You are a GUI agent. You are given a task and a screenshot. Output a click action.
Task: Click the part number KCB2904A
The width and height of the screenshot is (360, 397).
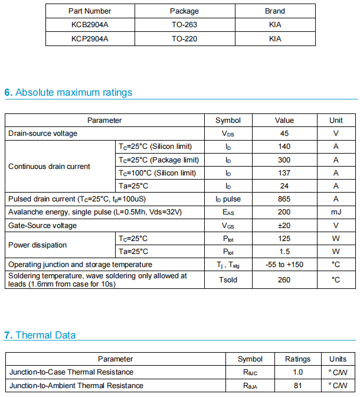[90, 25]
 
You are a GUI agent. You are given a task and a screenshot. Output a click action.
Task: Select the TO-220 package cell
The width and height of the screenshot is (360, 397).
[184, 38]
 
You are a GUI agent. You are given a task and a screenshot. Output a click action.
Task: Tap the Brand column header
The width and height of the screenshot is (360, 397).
[274, 11]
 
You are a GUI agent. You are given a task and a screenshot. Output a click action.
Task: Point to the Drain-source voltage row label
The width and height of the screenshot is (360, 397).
[42, 134]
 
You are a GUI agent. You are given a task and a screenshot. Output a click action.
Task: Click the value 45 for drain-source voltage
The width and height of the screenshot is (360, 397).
[284, 134]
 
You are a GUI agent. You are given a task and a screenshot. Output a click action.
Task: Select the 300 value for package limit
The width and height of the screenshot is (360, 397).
[284, 160]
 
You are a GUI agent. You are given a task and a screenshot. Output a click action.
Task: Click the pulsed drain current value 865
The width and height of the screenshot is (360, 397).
[284, 199]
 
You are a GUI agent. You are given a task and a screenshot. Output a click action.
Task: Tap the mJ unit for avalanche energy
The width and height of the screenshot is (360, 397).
[335, 212]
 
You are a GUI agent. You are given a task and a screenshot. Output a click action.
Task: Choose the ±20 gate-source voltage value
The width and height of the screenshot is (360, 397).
[284, 225]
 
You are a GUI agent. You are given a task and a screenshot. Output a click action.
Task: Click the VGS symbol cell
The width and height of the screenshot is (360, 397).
[228, 225]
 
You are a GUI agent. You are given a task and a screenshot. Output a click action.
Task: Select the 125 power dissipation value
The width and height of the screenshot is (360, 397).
[284, 239]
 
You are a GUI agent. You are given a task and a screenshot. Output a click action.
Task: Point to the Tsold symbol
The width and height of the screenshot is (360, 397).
[228, 279]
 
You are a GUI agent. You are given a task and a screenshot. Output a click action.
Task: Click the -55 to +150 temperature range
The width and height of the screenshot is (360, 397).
[284, 265]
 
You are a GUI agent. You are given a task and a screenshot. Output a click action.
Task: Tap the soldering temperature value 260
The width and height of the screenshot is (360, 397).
[284, 279]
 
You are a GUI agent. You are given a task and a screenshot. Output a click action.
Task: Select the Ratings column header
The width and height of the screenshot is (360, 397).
[297, 359]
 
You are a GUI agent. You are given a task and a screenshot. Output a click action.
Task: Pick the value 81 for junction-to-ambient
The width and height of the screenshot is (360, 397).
[297, 386]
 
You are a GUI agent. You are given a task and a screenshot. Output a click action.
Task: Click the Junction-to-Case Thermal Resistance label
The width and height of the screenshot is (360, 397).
[71, 372]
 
